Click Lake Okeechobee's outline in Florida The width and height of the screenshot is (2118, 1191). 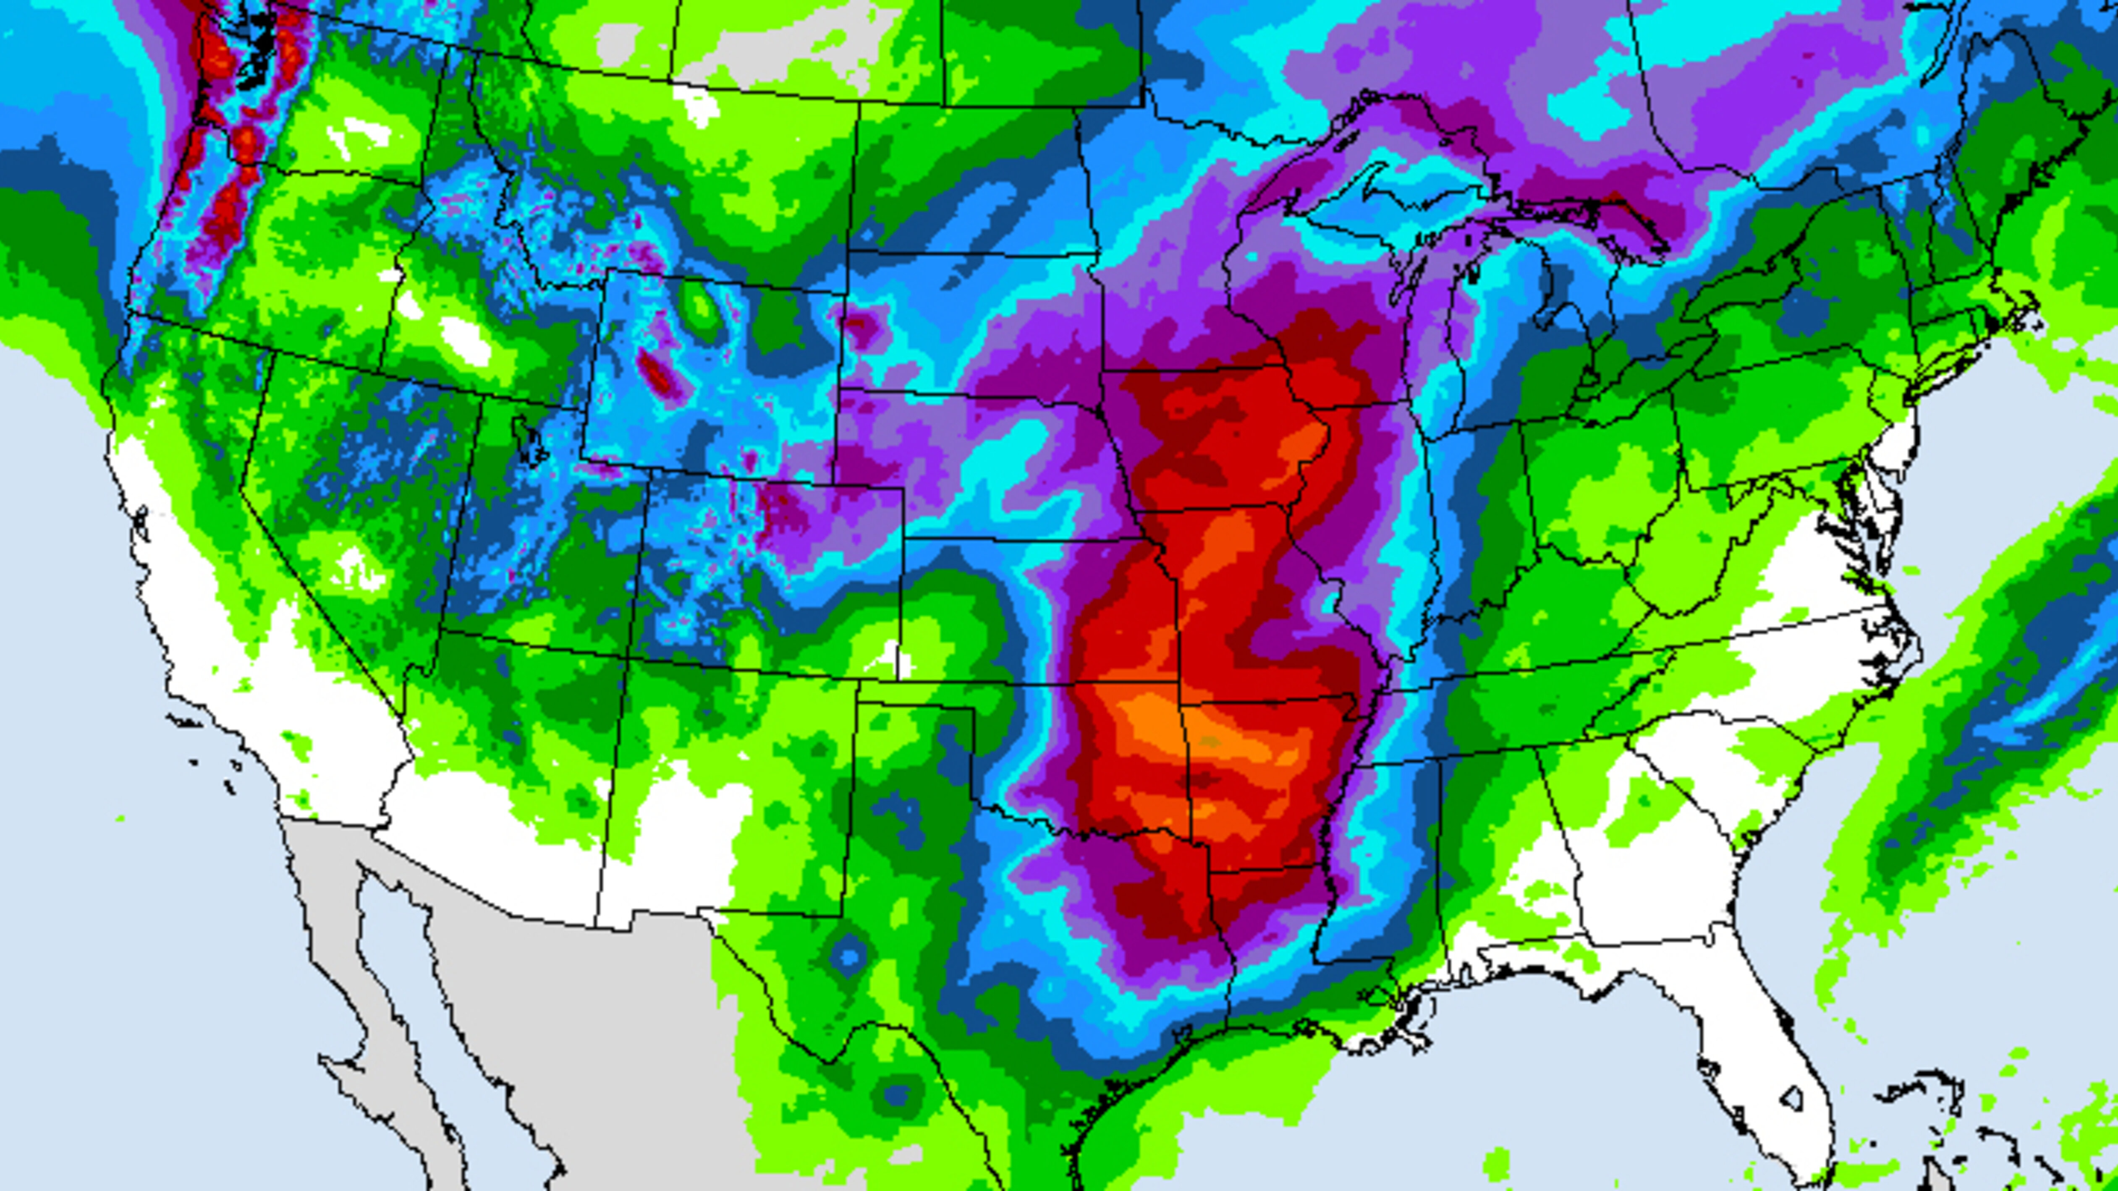[x=1792, y=1097]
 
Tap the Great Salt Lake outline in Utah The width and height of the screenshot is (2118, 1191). [x=526, y=440]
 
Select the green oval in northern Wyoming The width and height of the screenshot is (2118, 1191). [x=702, y=308]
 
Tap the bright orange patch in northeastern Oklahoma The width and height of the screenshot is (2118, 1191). [x=1151, y=723]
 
